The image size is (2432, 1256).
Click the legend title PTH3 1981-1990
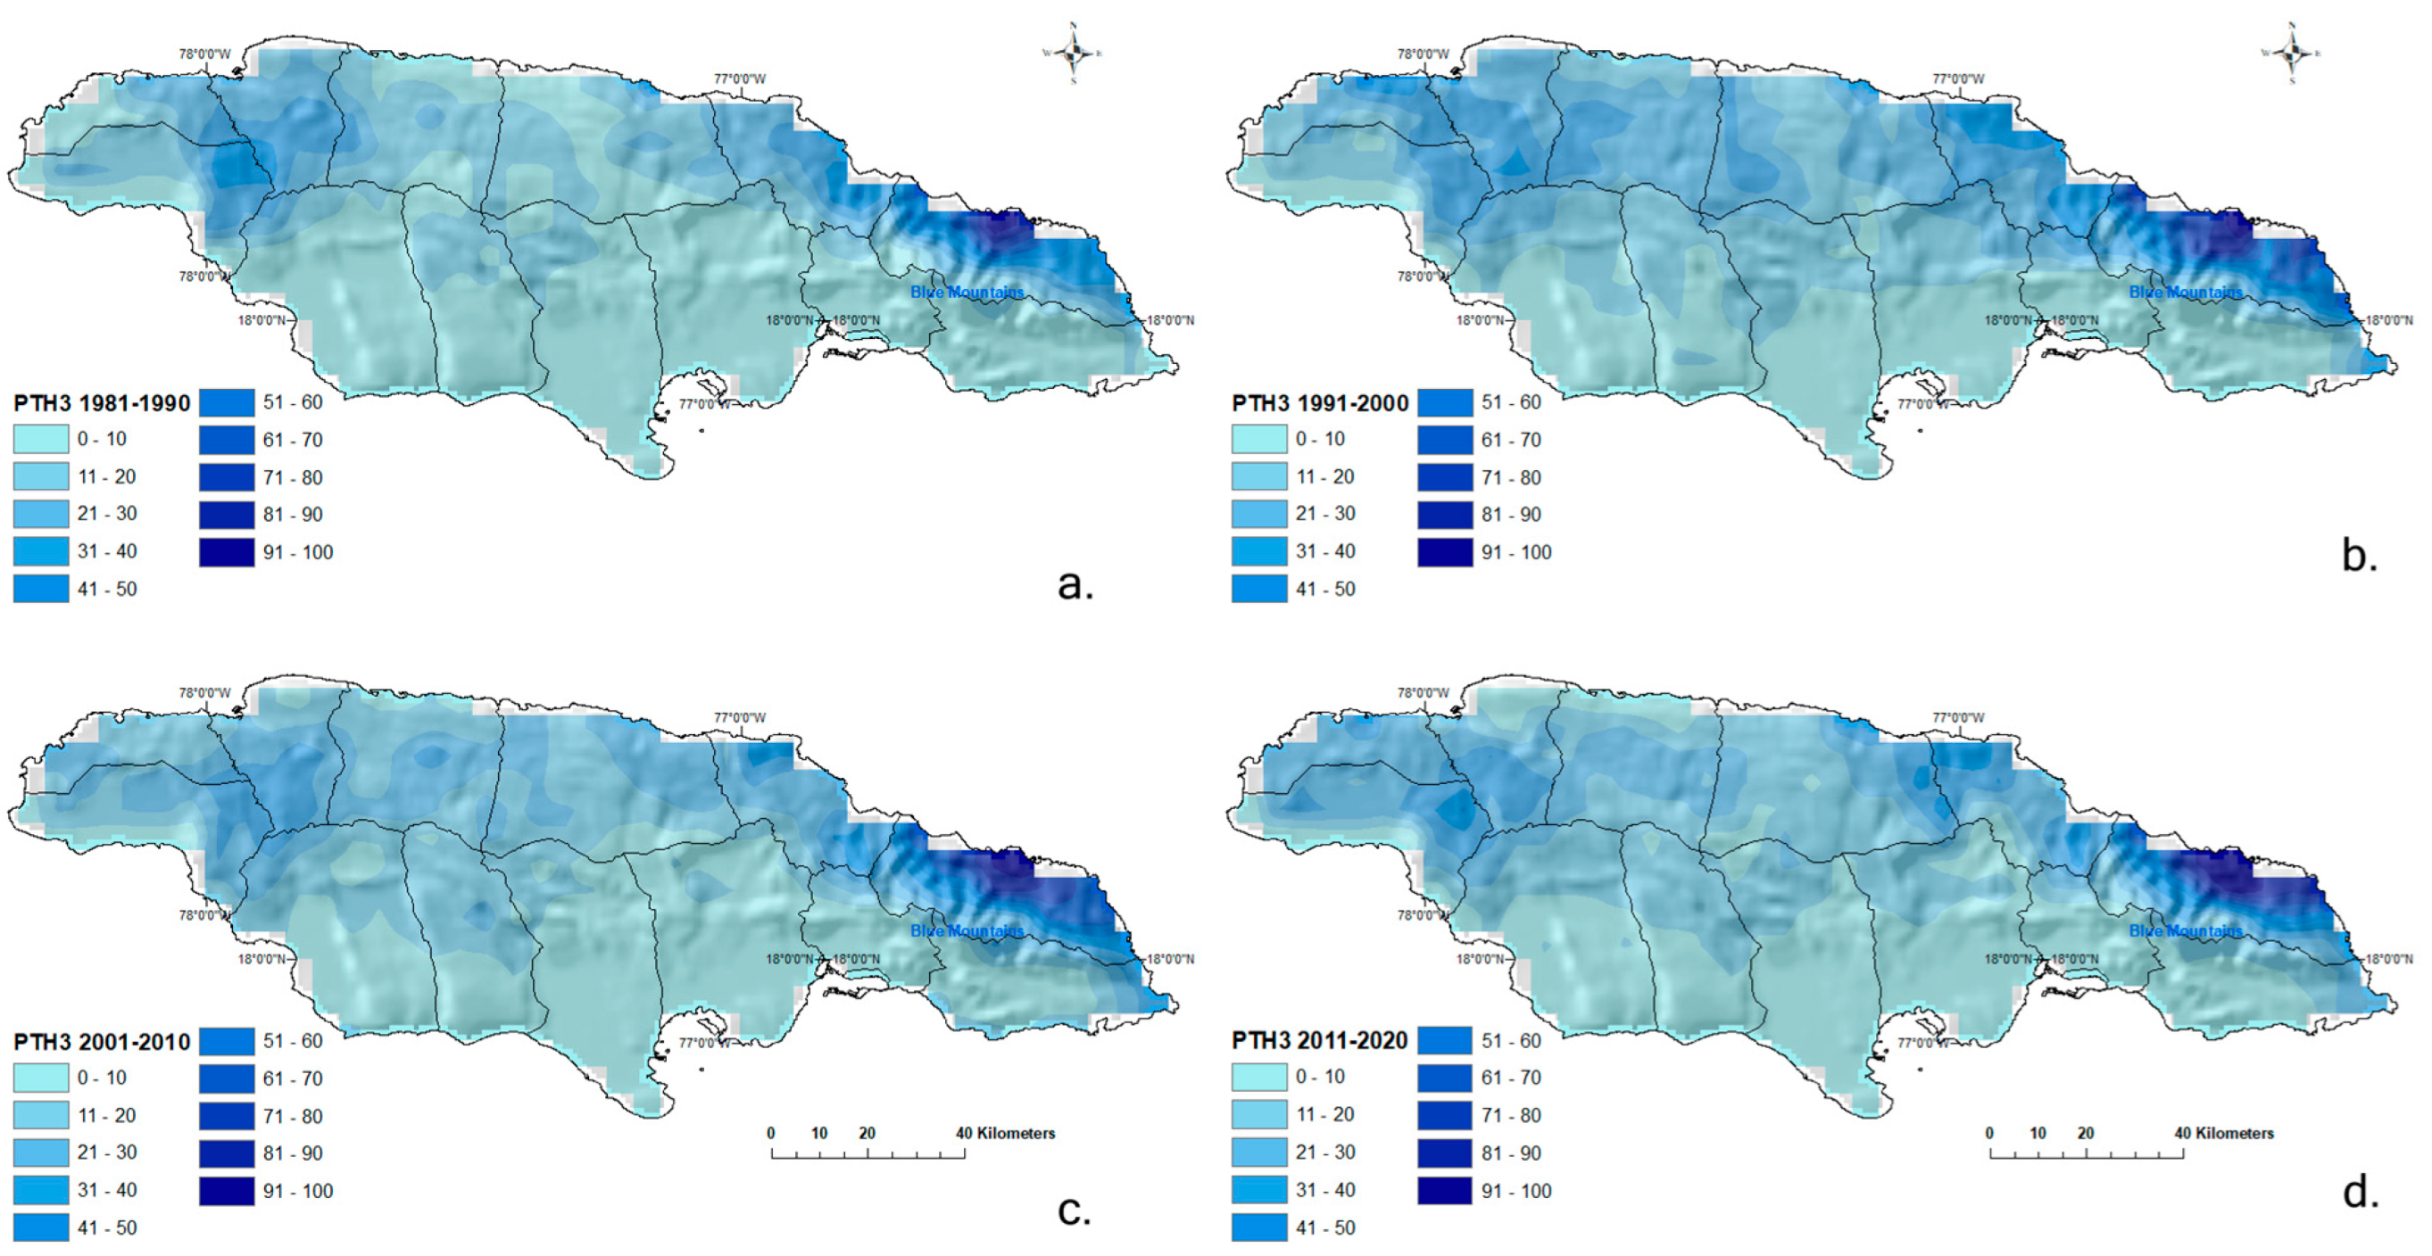click(101, 404)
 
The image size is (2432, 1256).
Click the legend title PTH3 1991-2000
click(1320, 404)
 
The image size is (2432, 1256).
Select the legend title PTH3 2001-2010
click(101, 1042)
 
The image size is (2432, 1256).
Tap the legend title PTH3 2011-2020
click(1320, 1041)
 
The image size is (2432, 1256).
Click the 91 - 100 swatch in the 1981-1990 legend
click(227, 552)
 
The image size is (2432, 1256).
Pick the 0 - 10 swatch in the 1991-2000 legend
click(1258, 439)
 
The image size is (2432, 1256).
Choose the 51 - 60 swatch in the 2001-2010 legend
click(227, 1041)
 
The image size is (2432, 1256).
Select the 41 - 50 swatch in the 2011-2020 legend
click(1258, 1227)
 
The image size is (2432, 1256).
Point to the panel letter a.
click(1075, 585)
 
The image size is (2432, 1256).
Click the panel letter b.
click(2360, 556)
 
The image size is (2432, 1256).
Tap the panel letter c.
click(1075, 1211)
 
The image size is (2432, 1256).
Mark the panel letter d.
click(2361, 1193)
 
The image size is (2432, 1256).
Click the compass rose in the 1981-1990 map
click(1074, 54)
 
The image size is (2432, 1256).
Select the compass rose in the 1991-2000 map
click(2292, 54)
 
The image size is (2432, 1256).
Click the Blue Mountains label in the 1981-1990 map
click(967, 293)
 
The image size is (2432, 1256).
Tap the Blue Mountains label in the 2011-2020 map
click(2186, 931)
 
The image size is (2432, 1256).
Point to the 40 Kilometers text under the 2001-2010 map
click(1006, 1133)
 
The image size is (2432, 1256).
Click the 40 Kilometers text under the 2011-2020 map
click(2224, 1133)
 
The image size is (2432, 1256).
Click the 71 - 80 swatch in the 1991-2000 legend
click(1444, 477)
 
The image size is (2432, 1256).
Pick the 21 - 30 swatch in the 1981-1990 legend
click(40, 513)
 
